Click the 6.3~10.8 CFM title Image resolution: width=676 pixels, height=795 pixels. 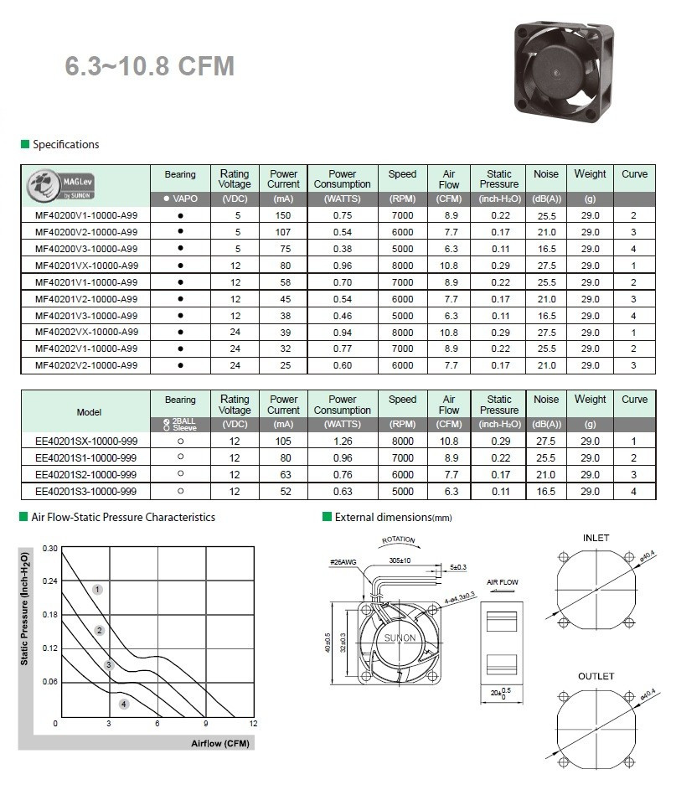point(150,66)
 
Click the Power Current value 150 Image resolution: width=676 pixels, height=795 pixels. point(283,215)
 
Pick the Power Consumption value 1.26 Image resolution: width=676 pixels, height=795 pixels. point(342,441)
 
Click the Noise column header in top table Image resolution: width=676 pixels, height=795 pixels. point(546,174)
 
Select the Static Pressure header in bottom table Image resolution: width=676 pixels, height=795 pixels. point(499,405)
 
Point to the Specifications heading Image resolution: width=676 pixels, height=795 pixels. point(65,145)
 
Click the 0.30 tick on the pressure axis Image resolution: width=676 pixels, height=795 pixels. point(49,549)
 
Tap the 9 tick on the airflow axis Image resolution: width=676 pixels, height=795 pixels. point(205,723)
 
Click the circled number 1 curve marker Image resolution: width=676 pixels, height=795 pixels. point(97,590)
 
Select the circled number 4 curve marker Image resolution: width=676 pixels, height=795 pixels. point(124,704)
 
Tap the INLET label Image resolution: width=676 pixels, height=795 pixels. point(596,538)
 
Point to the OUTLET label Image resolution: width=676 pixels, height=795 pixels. point(596,676)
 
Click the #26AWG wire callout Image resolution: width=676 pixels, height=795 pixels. point(343,562)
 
